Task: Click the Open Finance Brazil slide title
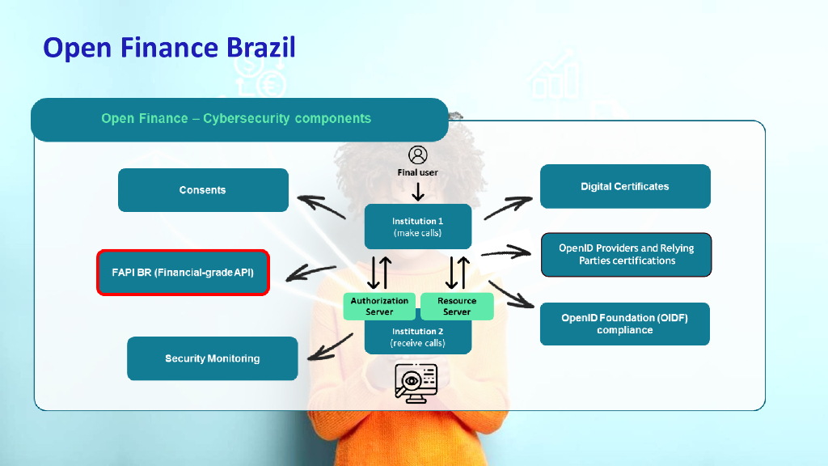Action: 169,48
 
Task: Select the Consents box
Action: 203,190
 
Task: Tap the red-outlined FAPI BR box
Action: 183,273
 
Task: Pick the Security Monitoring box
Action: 213,358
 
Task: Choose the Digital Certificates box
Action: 625,186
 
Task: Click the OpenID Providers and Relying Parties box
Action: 626,255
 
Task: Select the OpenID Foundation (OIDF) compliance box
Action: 625,324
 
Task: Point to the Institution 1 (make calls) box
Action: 418,227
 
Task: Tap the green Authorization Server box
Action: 379,306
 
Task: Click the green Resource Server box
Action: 457,306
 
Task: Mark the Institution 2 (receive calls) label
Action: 418,337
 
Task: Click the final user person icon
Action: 418,155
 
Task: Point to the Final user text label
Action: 418,172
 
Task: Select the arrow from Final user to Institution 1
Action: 418,192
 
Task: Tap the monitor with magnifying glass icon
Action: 416,382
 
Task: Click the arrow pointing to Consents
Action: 321,207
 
